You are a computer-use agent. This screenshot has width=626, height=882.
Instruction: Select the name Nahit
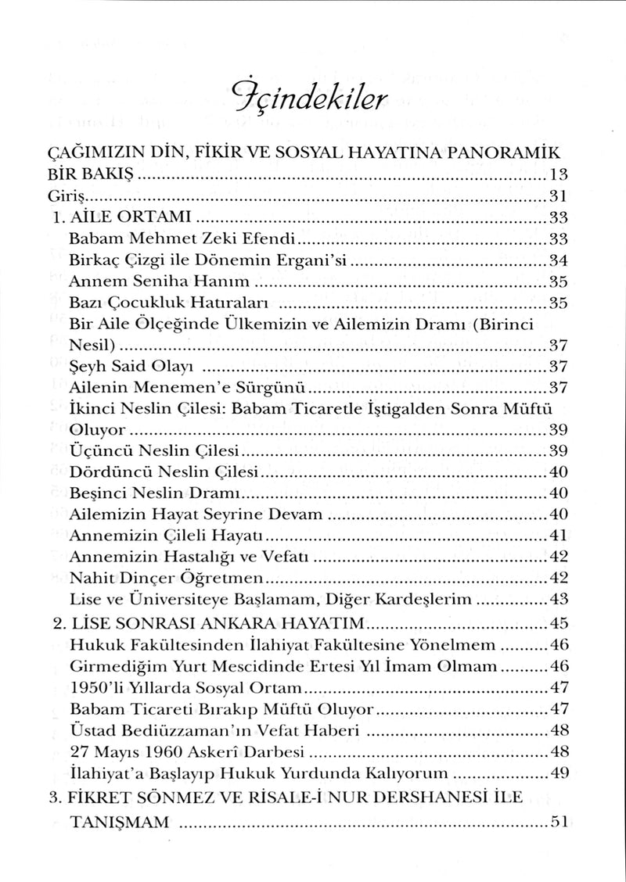click(88, 579)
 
